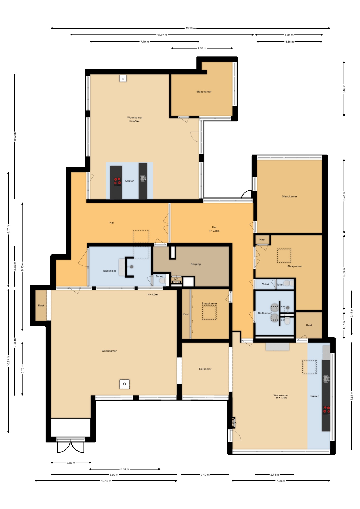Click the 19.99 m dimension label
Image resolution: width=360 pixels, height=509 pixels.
(191, 28)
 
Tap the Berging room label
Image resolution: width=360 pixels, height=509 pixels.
(196, 264)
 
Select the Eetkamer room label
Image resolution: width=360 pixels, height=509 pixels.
(205, 369)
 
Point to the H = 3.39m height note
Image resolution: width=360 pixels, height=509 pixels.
(281, 398)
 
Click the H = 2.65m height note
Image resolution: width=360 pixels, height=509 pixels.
(214, 231)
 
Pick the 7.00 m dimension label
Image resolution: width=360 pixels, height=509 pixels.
(281, 481)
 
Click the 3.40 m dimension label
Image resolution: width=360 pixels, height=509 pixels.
(205, 475)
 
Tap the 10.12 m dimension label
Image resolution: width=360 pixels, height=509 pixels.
(106, 481)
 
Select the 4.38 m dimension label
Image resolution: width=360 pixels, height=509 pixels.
(202, 48)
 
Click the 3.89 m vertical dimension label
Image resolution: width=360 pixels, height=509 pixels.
(344, 89)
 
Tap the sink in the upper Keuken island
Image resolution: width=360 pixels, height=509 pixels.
(143, 178)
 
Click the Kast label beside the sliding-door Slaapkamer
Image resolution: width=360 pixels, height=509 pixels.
(186, 314)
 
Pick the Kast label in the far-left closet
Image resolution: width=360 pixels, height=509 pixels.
(41, 305)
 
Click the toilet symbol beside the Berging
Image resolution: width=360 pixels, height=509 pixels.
(163, 281)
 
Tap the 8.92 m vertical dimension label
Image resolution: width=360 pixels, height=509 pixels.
(15, 137)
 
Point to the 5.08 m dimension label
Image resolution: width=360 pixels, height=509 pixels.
(125, 469)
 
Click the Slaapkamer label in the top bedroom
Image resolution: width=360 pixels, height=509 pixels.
(204, 92)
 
